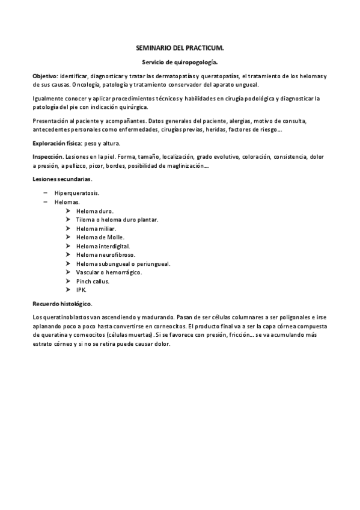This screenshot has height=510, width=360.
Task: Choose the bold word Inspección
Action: (47, 156)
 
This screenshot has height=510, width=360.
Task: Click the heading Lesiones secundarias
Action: (62, 179)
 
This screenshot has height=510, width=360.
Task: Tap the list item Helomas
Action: (67, 202)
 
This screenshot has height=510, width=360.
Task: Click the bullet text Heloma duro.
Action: (94, 211)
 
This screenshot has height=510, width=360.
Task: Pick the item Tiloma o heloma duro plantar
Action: (117, 220)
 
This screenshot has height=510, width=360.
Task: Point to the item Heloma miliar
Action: (96, 229)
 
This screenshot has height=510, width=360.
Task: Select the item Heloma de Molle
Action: (100, 238)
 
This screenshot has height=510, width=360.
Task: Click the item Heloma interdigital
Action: (103, 246)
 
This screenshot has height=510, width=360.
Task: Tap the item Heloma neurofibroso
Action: (105, 255)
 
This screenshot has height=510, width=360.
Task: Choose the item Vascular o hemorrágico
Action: (109, 272)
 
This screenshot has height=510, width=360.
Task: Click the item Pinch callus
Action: (93, 281)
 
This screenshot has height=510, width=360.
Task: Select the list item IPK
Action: (82, 290)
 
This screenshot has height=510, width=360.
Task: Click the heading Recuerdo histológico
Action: (62, 304)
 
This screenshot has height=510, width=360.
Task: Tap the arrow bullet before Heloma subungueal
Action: (70, 263)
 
